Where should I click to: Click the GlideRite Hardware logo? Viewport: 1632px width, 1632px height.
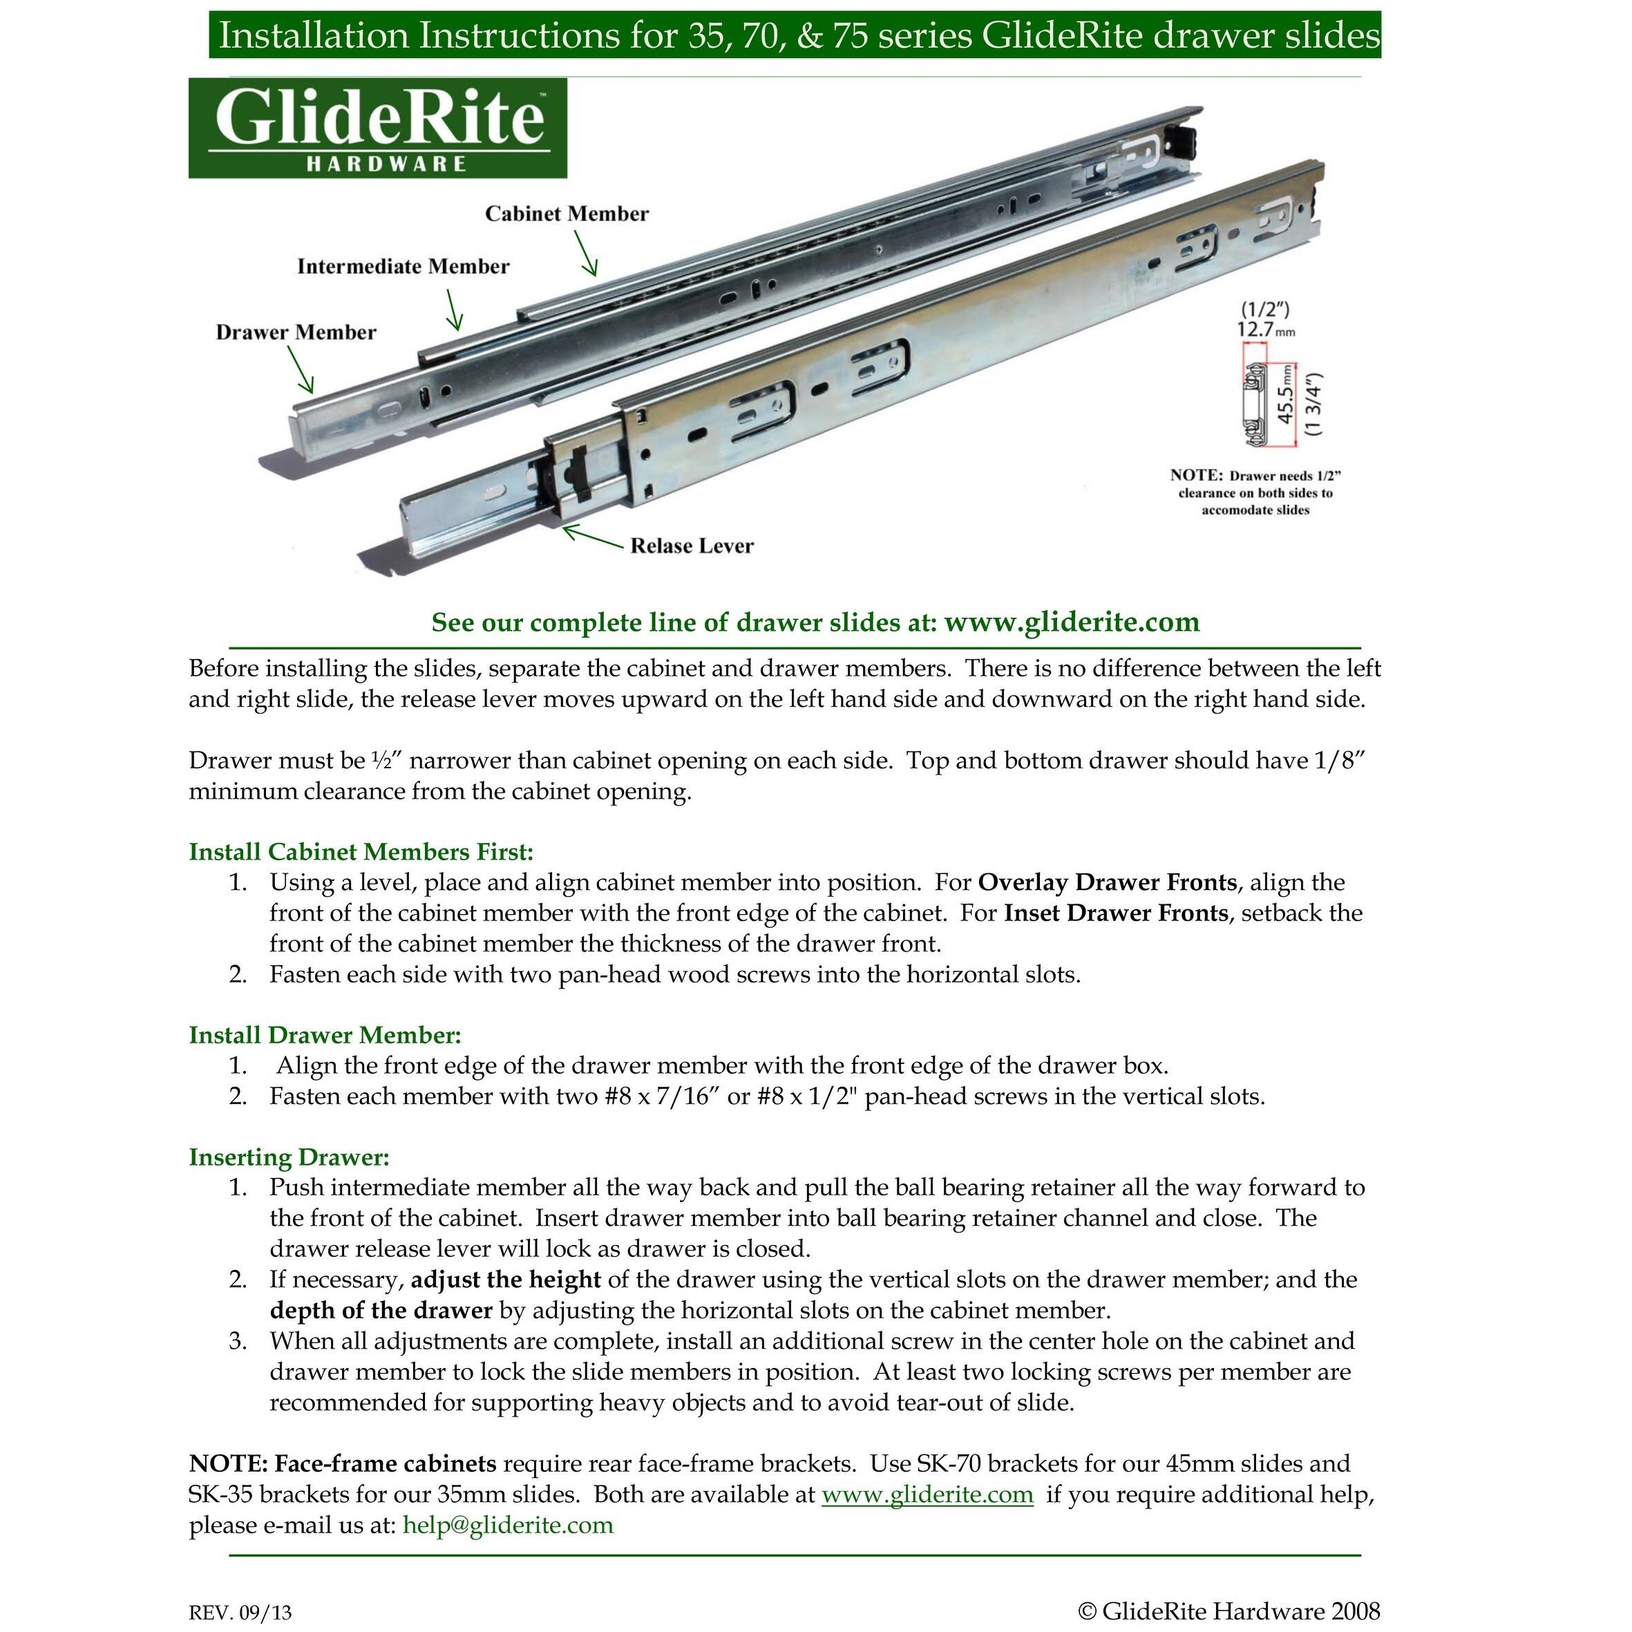point(377,129)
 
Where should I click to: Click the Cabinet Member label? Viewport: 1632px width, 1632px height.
point(567,214)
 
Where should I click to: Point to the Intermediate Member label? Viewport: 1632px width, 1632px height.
point(403,267)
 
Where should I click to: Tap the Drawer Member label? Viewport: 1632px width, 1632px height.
point(296,332)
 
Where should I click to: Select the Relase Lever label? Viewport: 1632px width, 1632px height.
point(692,547)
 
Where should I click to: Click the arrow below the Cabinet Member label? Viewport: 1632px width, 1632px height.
point(586,254)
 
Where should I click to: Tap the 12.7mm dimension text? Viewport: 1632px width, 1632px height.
point(1264,330)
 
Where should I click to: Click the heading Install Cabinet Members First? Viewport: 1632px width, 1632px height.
point(361,851)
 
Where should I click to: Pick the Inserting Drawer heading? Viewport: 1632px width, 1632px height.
point(289,1157)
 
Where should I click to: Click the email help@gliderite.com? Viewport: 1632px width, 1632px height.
point(508,1525)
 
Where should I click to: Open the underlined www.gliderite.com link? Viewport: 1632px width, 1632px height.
point(927,1495)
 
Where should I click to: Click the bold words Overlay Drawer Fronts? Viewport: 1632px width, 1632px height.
point(1108,883)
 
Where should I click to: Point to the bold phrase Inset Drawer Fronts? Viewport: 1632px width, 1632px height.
point(1115,913)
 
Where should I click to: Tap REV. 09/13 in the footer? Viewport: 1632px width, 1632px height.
point(240,1613)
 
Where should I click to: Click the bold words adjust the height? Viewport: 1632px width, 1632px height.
point(505,1280)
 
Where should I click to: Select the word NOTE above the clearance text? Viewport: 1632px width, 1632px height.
point(1195,475)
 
